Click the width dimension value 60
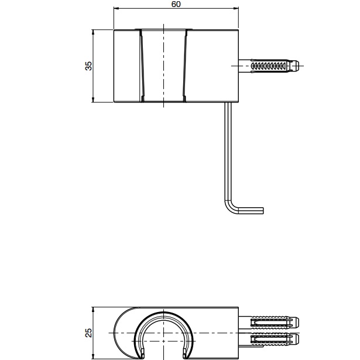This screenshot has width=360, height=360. click(x=176, y=4)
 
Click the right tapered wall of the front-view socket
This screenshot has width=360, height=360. click(x=186, y=66)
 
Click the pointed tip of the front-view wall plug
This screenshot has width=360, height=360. click(x=301, y=66)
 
